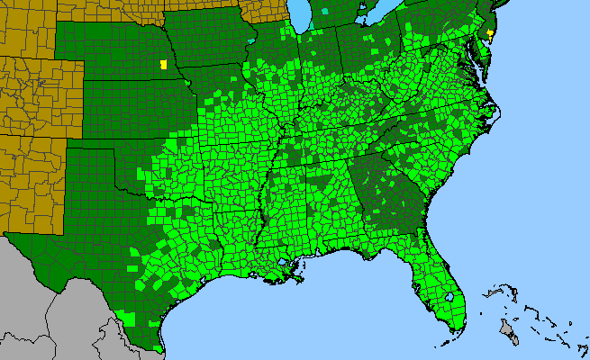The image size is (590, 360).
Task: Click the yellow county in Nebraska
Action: point(163,65)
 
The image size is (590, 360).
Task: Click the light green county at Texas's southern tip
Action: point(158,348)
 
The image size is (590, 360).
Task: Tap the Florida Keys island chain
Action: point(441,341)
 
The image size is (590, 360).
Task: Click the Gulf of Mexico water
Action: point(297,315)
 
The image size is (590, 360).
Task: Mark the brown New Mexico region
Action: point(27,180)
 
